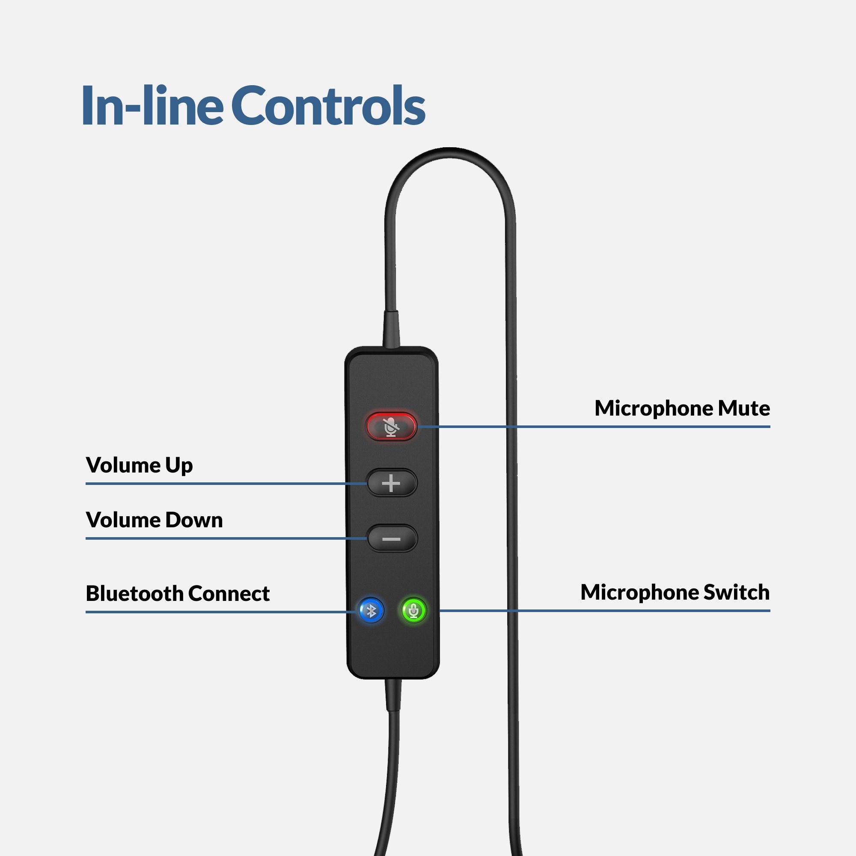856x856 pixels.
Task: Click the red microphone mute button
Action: click(x=391, y=426)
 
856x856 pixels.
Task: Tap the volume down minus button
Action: click(x=392, y=538)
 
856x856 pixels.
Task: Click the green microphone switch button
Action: click(x=413, y=611)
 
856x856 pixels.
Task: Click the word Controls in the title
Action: click(x=328, y=106)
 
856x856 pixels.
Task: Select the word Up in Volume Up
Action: click(x=179, y=466)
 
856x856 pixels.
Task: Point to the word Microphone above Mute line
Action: click(x=654, y=408)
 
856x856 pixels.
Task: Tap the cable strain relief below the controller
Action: click(x=393, y=695)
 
